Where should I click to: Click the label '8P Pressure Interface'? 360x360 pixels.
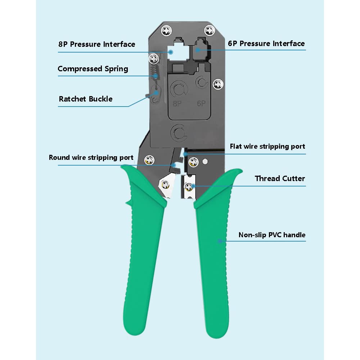point(96,44)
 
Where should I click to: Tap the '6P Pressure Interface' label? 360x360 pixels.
point(266,44)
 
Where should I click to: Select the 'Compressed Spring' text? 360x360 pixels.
point(93,69)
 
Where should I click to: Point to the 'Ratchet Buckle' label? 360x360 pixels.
point(86,99)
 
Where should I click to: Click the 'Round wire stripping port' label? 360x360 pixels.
point(91,158)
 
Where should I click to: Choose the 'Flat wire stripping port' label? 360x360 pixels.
point(267,147)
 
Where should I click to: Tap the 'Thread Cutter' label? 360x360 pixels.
point(280,179)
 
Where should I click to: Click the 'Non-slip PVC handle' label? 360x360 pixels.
point(272,235)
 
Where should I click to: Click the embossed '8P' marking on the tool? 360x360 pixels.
point(177,104)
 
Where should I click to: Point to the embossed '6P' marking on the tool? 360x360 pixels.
point(201,104)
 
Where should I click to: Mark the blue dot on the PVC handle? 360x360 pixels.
point(220,241)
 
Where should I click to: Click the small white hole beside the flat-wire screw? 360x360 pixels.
point(205,162)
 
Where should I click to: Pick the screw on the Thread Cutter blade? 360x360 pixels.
point(189,186)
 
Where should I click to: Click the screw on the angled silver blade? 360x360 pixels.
point(165,184)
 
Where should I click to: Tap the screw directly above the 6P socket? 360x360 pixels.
point(210,30)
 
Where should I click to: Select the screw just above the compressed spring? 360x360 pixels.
point(154,59)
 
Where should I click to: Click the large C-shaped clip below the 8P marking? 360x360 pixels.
point(179,133)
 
